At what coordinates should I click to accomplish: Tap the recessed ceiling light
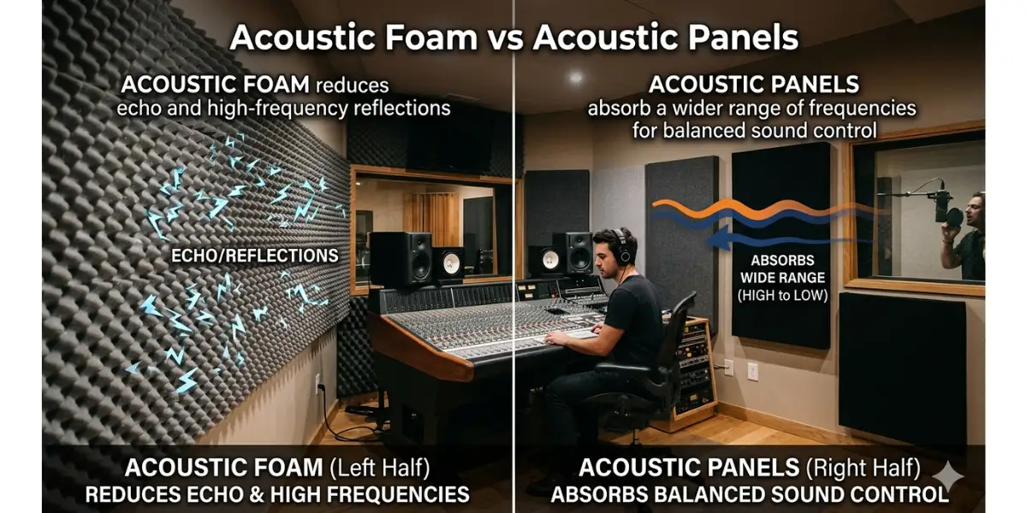[x=575, y=76]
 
